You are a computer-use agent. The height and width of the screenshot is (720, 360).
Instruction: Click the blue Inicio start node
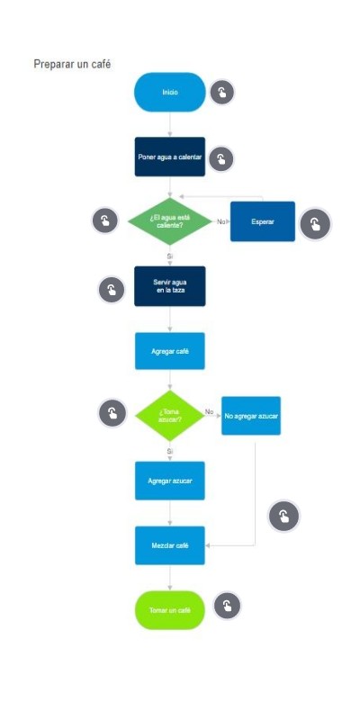pos(170,93)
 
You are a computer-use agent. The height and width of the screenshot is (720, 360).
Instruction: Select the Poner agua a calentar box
pos(170,157)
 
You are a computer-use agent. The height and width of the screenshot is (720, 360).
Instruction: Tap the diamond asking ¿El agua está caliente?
pos(170,221)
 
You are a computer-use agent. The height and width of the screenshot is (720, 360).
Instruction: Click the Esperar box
pos(263,221)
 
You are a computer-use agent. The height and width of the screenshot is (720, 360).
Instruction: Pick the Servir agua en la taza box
pos(170,286)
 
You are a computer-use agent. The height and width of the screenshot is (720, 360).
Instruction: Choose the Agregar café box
pos(170,351)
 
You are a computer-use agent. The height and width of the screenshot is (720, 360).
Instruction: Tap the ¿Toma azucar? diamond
pos(170,416)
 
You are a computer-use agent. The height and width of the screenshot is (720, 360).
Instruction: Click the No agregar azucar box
pos(251,416)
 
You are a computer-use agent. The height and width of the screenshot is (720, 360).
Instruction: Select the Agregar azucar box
pos(170,481)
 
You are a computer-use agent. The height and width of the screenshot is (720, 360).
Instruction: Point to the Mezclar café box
pos(170,545)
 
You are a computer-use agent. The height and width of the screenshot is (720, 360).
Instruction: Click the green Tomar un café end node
pos(170,610)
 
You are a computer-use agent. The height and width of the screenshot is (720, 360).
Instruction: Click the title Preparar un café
pos(72,64)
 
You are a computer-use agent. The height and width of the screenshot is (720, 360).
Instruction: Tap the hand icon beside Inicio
pos(222,93)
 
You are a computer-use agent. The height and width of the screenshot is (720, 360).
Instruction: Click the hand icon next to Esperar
pos(316,224)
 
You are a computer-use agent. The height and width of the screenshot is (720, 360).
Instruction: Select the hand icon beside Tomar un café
pos(228,606)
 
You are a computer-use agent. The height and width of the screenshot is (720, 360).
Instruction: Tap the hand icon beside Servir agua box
pos(112,290)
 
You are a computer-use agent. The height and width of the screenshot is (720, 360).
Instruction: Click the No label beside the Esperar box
pos(221,221)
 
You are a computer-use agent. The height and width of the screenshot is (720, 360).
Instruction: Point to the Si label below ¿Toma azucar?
pos(170,452)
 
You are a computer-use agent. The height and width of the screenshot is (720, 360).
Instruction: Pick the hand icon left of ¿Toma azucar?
pos(112,413)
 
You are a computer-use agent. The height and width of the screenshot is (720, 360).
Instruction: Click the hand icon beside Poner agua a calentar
pos(221,159)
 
